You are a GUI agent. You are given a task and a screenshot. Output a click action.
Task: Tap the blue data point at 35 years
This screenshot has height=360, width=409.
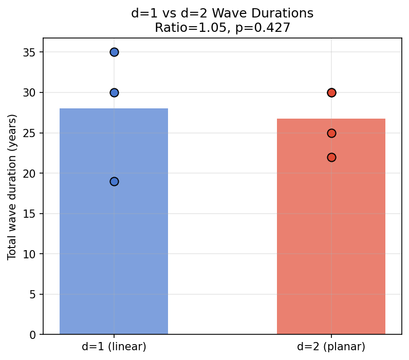tap(114, 52)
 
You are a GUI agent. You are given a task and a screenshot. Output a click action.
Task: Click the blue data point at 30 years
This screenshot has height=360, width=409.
tap(114, 92)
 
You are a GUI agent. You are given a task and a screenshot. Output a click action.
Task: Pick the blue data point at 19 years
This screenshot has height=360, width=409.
tap(114, 181)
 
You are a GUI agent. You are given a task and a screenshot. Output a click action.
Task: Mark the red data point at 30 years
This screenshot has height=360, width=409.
tap(331, 92)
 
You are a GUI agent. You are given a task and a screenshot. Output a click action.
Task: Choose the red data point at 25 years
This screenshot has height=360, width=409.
tap(331, 133)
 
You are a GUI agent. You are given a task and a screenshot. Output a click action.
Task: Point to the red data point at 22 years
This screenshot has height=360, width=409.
tap(331, 157)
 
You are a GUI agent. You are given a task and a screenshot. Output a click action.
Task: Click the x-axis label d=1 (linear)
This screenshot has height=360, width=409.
tap(114, 347)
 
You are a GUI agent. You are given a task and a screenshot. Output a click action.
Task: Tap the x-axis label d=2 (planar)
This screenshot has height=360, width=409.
tap(331, 347)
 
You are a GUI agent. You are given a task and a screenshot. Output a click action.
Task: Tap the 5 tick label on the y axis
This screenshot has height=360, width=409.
tap(34, 294)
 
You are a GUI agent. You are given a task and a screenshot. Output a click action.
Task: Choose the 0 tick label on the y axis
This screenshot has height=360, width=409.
tap(34, 335)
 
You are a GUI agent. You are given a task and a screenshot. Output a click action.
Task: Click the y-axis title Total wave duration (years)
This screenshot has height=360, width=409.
tap(12, 187)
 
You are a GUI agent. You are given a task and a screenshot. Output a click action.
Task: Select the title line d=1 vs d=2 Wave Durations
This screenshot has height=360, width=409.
tap(222, 13)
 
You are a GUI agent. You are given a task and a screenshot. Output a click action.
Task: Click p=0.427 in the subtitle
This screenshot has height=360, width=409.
tap(263, 28)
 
